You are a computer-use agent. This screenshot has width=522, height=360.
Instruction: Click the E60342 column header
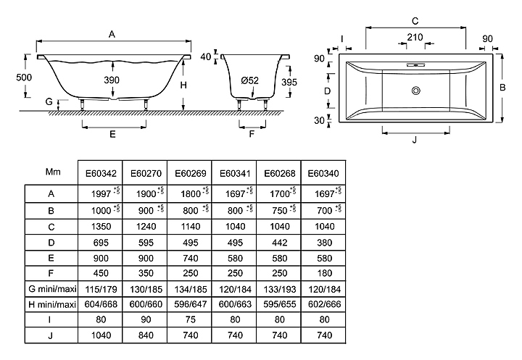tap(99, 173)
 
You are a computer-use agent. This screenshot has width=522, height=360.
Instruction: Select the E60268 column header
tap(278, 173)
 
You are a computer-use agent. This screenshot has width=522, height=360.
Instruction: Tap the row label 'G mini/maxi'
tap(51, 289)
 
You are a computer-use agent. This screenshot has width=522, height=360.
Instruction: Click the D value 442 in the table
tap(278, 241)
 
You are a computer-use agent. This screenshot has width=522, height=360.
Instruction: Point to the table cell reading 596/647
tap(188, 305)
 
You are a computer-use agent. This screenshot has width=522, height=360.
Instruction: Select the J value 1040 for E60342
tap(99, 337)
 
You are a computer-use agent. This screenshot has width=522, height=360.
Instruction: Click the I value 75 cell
tap(188, 321)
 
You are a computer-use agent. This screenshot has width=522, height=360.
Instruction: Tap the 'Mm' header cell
tap(51, 173)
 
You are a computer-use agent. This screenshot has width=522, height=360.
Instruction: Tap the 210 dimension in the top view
tap(415, 36)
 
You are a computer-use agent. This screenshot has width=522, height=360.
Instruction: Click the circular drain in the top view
tap(416, 91)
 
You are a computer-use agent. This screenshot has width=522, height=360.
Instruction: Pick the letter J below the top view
tap(415, 140)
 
